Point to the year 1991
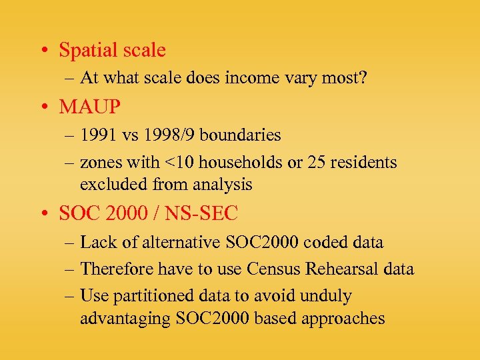click(99, 135)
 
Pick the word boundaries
click(240, 135)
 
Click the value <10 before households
click(176, 163)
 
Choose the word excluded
click(109, 185)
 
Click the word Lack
click(97, 243)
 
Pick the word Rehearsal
click(324, 269)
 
